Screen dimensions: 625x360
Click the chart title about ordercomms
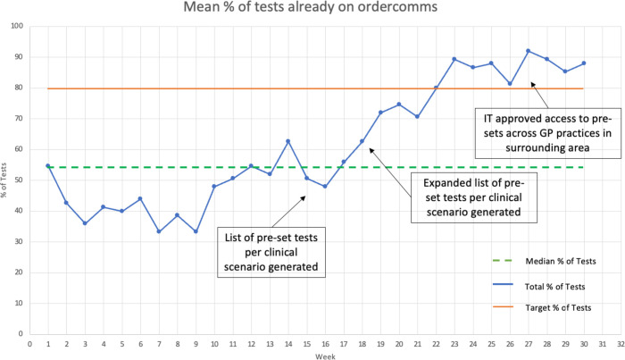point(310,7)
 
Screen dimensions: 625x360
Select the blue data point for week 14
point(287,141)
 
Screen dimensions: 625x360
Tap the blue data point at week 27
point(529,51)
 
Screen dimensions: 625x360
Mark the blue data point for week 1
point(48,165)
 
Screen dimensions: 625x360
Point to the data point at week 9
point(196,231)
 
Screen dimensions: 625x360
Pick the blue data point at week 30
point(584,63)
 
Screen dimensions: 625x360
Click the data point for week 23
point(454,59)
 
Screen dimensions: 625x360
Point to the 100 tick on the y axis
point(18,26)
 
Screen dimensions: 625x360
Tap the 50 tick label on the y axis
point(20,180)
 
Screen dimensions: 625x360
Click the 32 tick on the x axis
point(621,344)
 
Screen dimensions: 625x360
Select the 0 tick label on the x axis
point(29,344)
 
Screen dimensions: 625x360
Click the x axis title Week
point(325,356)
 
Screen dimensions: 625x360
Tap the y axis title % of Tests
point(4,180)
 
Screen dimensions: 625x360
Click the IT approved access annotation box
point(547,133)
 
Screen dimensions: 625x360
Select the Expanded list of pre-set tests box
point(473,197)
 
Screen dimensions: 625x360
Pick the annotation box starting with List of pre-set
point(271,252)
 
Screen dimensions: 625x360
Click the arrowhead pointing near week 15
point(304,197)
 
